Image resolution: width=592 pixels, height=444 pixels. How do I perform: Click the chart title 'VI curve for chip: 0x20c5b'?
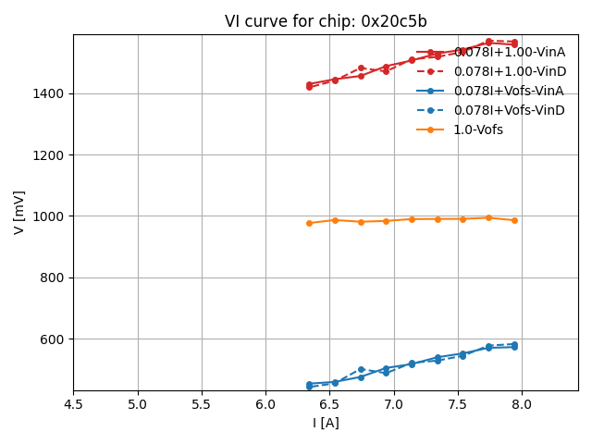coord(326,21)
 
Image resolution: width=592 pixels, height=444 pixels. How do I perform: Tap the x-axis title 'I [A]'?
coord(326,423)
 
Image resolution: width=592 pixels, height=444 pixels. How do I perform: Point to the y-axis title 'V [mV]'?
coord(18,212)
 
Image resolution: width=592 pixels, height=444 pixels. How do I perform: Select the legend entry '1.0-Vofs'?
coord(477,129)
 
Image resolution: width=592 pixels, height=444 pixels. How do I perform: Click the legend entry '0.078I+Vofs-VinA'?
coord(509,91)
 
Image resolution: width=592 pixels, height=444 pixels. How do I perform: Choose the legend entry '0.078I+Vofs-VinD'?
coord(509,110)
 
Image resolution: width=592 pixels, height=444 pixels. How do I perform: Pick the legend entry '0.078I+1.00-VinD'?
coord(509,71)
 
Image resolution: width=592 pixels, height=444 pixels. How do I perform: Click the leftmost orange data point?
coord(309,223)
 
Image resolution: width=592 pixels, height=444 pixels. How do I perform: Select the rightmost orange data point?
coord(514,220)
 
